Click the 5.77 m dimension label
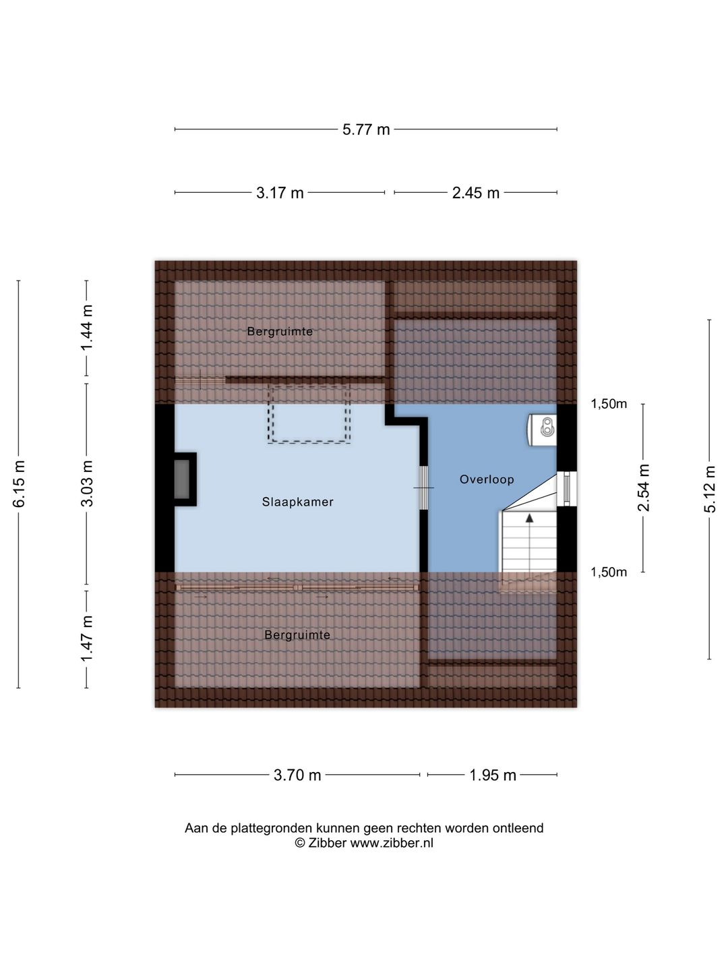(366, 129)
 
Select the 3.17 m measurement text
(280, 193)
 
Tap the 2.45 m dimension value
(476, 193)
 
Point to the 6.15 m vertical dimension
(19, 483)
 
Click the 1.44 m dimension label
(87, 327)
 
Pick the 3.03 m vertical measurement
(87, 483)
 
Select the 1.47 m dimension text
(87, 639)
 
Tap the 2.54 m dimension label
(644, 488)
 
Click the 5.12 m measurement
(709, 490)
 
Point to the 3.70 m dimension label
(297, 775)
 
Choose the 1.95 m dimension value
(492, 775)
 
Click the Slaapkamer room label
(297, 502)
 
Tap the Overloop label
(487, 479)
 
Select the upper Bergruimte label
(280, 332)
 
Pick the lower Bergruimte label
(297, 635)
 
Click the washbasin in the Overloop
(542, 429)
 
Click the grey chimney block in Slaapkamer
(182, 479)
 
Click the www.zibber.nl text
(392, 843)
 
